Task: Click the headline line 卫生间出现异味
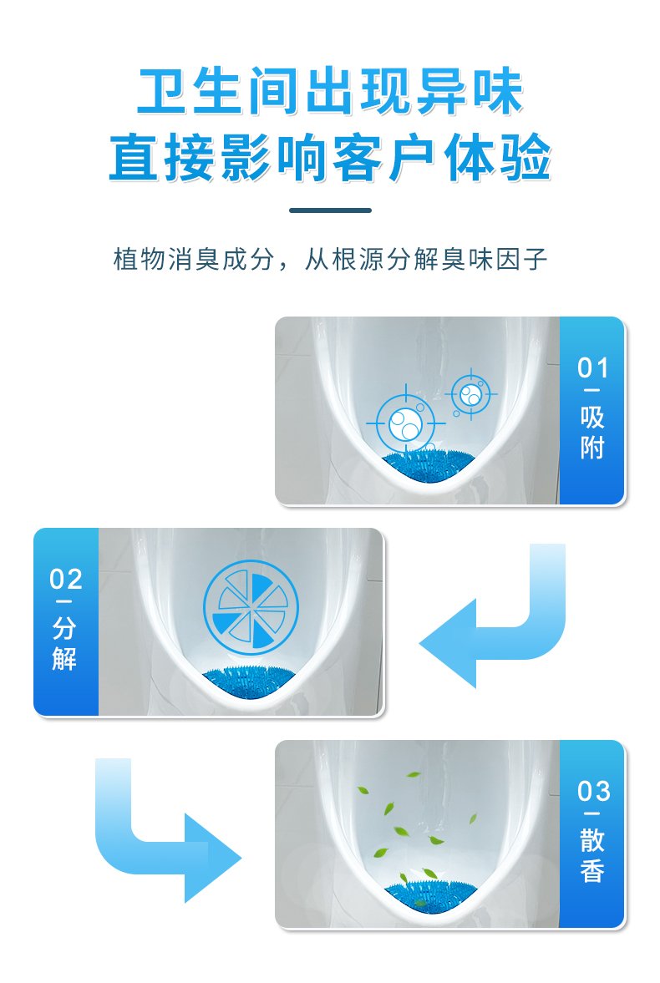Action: (330, 92)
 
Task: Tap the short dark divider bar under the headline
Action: (330, 210)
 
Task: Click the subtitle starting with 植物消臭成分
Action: (330, 259)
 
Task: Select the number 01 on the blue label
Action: (593, 368)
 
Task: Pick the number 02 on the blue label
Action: (66, 580)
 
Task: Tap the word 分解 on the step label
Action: (65, 644)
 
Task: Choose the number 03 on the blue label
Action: (593, 791)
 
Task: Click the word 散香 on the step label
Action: (592, 856)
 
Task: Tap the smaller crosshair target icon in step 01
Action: (471, 394)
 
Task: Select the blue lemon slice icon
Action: (251, 606)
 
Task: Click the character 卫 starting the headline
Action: (162, 92)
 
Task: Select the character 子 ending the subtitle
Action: (536, 259)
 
